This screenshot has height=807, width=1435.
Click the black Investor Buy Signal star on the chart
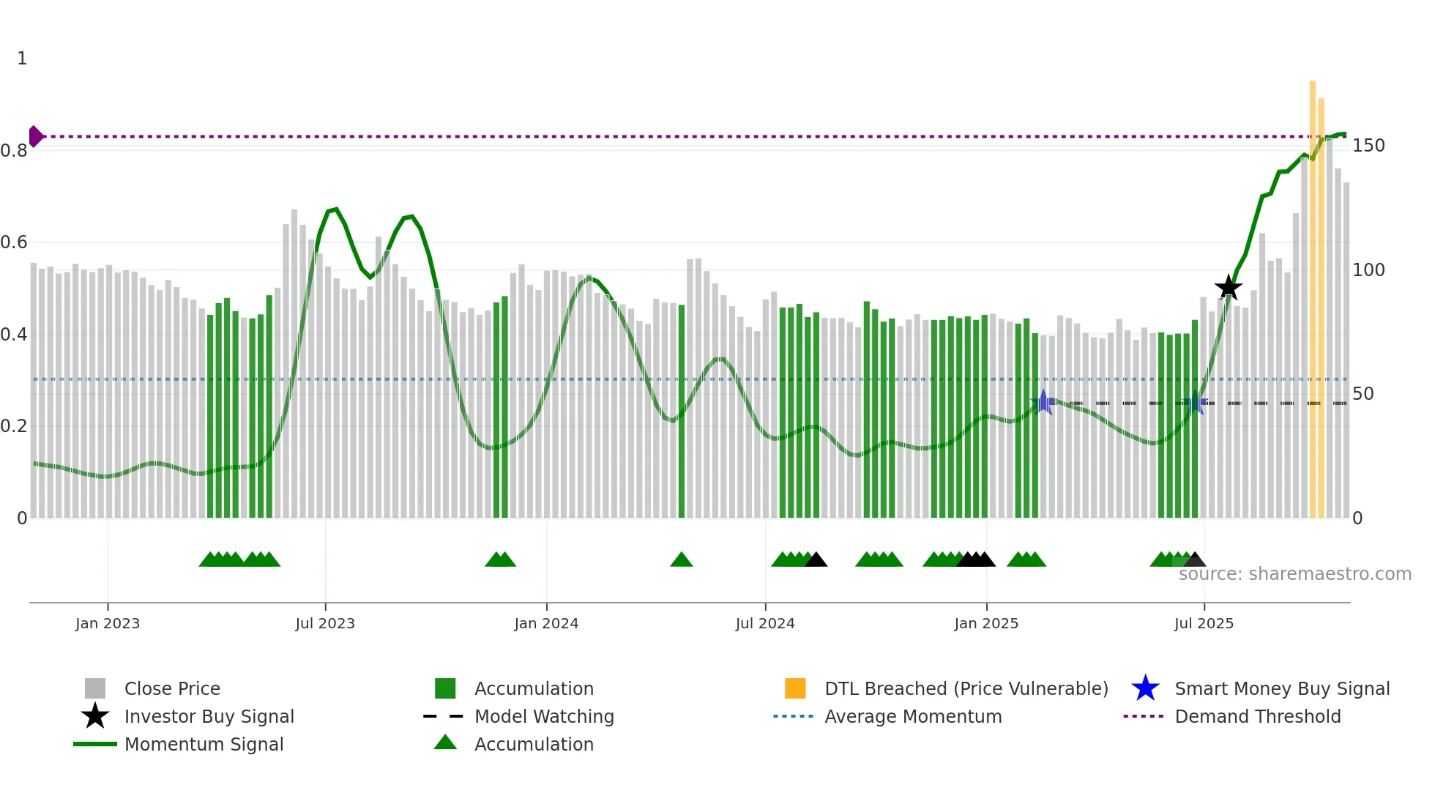(x=1228, y=288)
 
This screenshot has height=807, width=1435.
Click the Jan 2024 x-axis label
(x=546, y=623)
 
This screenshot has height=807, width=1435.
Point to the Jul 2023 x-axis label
(x=325, y=623)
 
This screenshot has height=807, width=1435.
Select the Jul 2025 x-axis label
(x=1204, y=623)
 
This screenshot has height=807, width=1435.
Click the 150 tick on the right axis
(x=1368, y=146)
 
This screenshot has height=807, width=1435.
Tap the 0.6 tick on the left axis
(x=14, y=242)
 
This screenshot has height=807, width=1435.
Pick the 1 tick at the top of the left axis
(x=22, y=59)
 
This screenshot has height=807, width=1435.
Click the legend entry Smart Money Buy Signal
(x=1281, y=688)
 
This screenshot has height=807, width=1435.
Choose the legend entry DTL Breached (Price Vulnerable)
(x=966, y=688)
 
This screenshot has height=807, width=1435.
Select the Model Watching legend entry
(x=544, y=716)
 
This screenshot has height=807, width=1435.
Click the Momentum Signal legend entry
(x=204, y=744)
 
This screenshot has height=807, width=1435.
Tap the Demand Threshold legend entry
(x=1257, y=716)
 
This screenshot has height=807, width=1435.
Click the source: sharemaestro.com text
(x=1294, y=573)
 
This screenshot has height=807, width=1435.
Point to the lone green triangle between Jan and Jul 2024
(x=681, y=560)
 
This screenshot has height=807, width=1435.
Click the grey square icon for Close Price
(x=95, y=688)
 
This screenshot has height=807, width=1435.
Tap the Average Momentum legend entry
(x=912, y=716)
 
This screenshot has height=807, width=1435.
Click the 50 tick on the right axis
(x=1363, y=394)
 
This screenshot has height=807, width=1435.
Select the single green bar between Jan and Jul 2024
(x=682, y=410)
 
